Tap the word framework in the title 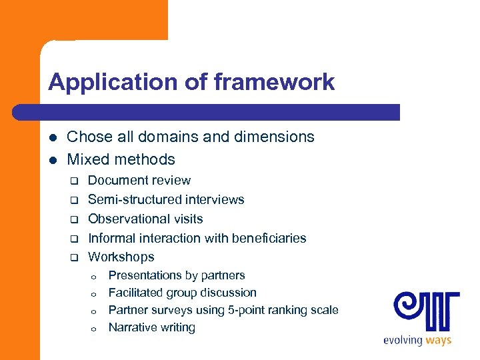point(274,82)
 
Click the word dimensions point(272,137)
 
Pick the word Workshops point(121,257)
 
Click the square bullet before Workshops point(75,257)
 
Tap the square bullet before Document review point(75,181)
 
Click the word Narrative point(133,327)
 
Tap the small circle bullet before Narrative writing point(95,328)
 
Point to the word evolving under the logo point(402,341)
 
